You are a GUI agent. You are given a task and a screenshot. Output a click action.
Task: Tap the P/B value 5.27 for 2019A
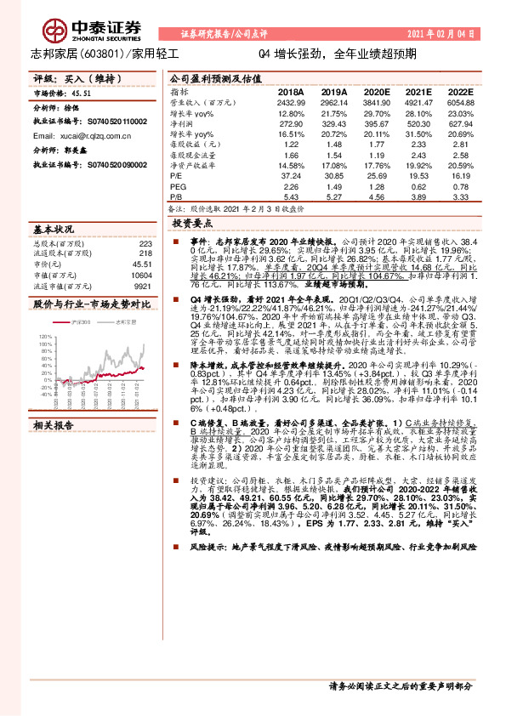[x=335, y=196]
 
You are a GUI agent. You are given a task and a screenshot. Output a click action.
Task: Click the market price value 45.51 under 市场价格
[x=82, y=95]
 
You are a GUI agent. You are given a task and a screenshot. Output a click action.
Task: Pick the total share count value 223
[x=145, y=242]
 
